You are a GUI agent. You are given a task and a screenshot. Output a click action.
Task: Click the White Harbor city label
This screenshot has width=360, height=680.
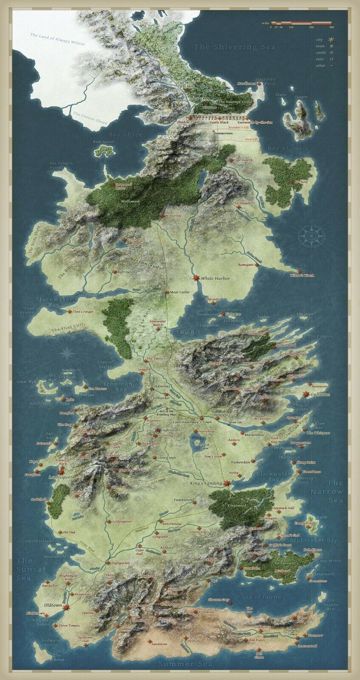(215, 279)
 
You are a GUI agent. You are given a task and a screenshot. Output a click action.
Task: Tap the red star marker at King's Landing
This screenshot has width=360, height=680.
(227, 483)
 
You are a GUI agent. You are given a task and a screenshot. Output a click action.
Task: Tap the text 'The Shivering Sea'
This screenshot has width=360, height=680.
(235, 47)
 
